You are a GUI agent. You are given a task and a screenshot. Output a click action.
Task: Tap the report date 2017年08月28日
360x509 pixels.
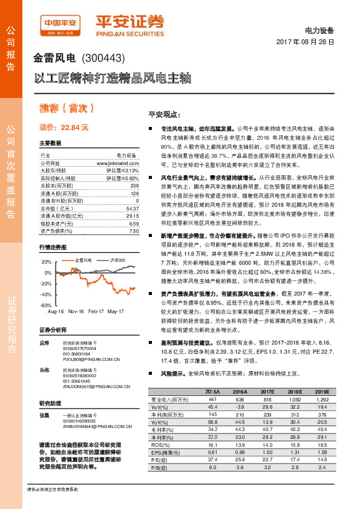[306, 42]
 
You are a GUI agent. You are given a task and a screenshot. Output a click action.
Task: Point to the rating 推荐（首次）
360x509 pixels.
[67, 109]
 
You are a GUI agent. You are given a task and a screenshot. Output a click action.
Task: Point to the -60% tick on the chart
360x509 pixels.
[46, 305]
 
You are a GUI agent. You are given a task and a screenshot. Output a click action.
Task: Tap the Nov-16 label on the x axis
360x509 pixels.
[76, 311]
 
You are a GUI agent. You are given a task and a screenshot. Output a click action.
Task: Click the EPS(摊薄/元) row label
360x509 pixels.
[167, 451]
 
